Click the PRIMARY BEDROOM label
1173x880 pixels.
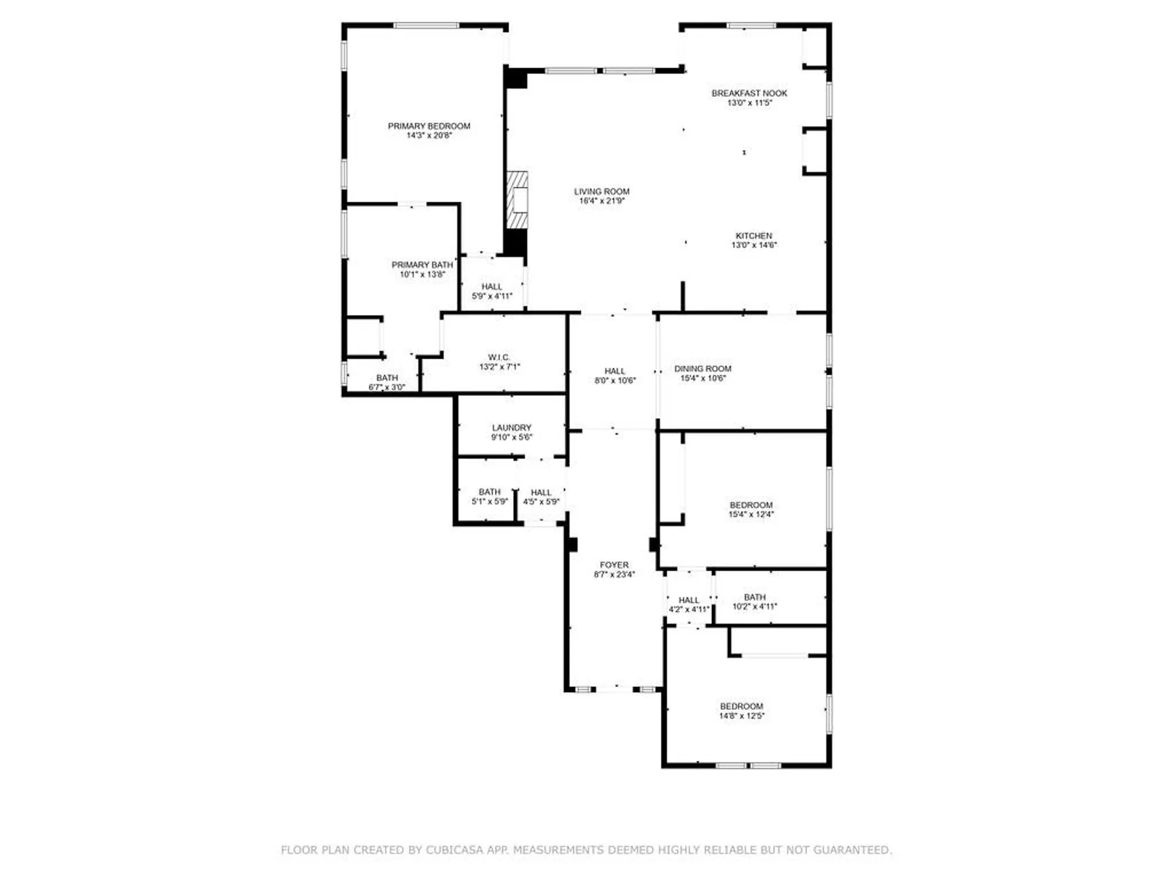pyautogui.click(x=429, y=126)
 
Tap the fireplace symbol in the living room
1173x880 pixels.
pyautogui.click(x=518, y=200)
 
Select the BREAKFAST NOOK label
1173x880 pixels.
pyautogui.click(x=749, y=93)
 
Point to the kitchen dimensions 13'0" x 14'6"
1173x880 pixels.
pyautogui.click(x=754, y=245)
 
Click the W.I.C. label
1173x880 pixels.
pyautogui.click(x=499, y=357)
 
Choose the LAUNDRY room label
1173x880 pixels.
pyautogui.click(x=511, y=428)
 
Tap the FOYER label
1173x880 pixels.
pyautogui.click(x=614, y=565)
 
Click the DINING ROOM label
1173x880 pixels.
pyautogui.click(x=703, y=368)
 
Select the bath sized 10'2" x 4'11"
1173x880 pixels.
pyautogui.click(x=754, y=602)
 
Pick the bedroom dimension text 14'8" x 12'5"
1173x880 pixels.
pyautogui.click(x=741, y=716)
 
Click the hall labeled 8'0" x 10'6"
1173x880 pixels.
pyautogui.click(x=615, y=375)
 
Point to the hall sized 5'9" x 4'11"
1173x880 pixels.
pyautogui.click(x=491, y=291)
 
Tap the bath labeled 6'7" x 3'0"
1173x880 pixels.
pyautogui.click(x=387, y=382)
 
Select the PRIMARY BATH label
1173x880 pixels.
pyautogui.click(x=422, y=265)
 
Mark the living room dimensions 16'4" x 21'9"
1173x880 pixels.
pyautogui.click(x=602, y=201)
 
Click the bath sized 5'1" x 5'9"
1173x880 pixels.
pyautogui.click(x=489, y=496)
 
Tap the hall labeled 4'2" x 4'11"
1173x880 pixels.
pyautogui.click(x=689, y=604)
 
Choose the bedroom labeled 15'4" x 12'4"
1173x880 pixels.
pyautogui.click(x=751, y=509)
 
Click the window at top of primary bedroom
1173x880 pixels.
pyautogui.click(x=426, y=25)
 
